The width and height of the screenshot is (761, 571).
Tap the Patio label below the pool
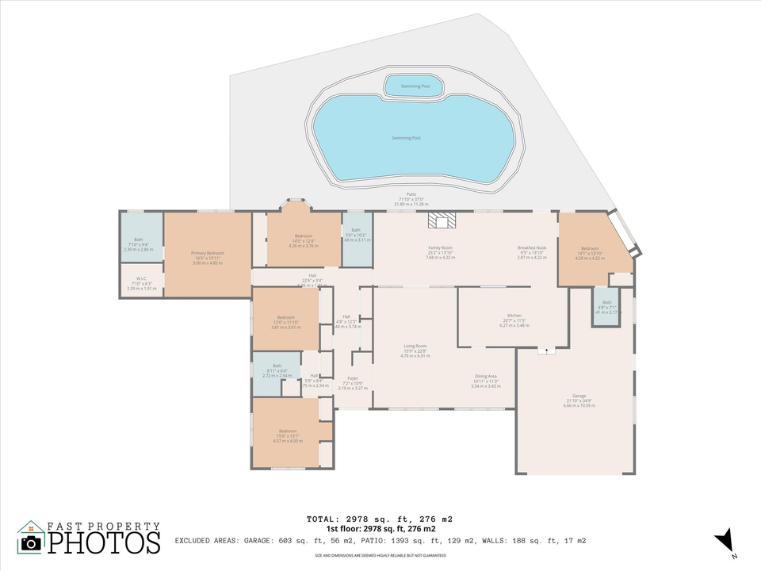point(411,194)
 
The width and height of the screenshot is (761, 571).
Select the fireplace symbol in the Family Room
point(438,220)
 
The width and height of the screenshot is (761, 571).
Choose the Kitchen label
point(514,316)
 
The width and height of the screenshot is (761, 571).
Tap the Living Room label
point(415,346)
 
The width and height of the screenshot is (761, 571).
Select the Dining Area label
point(486,376)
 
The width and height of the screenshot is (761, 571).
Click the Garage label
point(579,396)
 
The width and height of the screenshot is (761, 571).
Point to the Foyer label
point(353,378)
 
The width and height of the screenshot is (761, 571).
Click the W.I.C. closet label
point(143,278)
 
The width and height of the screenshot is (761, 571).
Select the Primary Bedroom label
point(208,254)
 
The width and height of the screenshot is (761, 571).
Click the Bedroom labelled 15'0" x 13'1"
point(287,431)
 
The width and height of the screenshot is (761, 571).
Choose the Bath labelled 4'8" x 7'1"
point(606,302)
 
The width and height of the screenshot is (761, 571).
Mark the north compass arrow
point(723,542)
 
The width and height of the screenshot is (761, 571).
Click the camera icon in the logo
point(31,542)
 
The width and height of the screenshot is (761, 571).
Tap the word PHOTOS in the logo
point(103,542)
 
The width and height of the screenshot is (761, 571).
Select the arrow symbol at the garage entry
point(546,350)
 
